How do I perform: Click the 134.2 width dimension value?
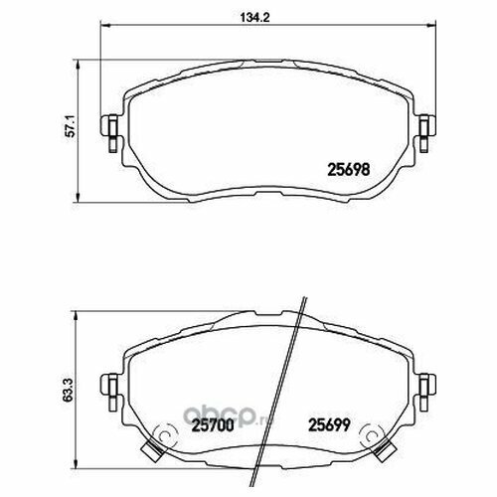(x=254, y=17)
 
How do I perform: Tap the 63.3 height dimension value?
(x=68, y=391)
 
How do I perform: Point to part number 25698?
(x=348, y=170)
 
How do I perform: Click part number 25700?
(x=213, y=425)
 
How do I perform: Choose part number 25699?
(x=329, y=425)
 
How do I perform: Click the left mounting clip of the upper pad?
(x=109, y=133)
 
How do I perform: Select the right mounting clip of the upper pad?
(x=427, y=133)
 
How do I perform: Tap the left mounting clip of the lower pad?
(x=109, y=393)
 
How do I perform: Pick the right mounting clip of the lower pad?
(x=427, y=393)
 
